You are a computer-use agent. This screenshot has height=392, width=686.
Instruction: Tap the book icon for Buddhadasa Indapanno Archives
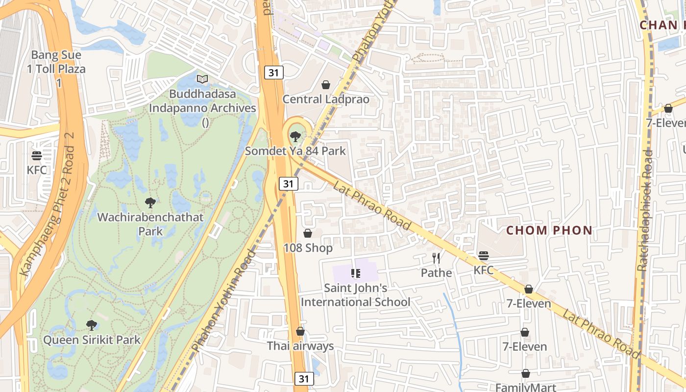[x=202, y=79]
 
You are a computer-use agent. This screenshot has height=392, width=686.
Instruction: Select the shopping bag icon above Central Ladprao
[x=326, y=85]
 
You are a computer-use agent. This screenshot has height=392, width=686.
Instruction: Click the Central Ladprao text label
[x=326, y=99]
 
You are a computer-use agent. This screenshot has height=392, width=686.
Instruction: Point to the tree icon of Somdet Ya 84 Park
[x=295, y=137]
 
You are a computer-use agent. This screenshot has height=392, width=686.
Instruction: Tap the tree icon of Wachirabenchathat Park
[x=150, y=202]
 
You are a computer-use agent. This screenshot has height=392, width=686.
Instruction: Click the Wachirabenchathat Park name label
[x=150, y=224]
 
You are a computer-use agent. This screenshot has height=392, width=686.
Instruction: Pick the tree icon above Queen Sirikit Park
[x=92, y=325]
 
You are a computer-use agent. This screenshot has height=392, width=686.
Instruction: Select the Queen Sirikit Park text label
[x=92, y=340]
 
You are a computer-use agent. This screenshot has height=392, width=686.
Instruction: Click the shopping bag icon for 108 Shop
[x=308, y=233]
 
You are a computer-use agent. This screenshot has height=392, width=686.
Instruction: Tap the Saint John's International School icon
[x=356, y=273]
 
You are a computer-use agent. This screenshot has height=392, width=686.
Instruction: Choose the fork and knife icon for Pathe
[x=436, y=258]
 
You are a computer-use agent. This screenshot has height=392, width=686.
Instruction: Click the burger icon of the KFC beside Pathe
[x=484, y=256]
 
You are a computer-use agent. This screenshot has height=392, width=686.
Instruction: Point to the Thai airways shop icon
[x=300, y=332]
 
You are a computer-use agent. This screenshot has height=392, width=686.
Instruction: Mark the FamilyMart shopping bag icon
[x=526, y=374]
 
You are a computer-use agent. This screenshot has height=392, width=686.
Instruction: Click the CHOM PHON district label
[x=549, y=230]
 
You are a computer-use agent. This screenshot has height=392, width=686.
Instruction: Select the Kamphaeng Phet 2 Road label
[x=48, y=204]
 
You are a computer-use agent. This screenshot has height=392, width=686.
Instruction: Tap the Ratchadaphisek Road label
[x=646, y=211]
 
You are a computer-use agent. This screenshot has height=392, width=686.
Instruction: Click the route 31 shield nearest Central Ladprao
[x=274, y=73]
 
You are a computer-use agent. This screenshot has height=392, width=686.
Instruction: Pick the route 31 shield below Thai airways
[x=304, y=379]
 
